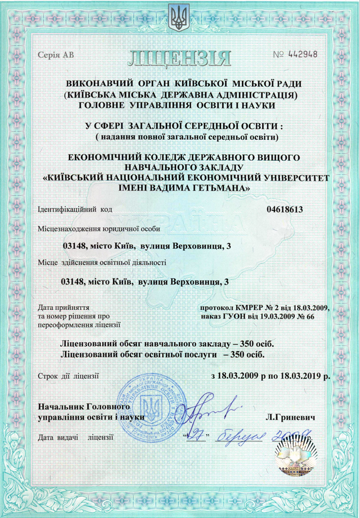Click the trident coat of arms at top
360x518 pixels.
click(x=179, y=16)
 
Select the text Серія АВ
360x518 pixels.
click(x=56, y=55)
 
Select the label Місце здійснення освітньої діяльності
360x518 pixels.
click(x=103, y=263)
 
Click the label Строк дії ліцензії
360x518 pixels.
click(x=68, y=377)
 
